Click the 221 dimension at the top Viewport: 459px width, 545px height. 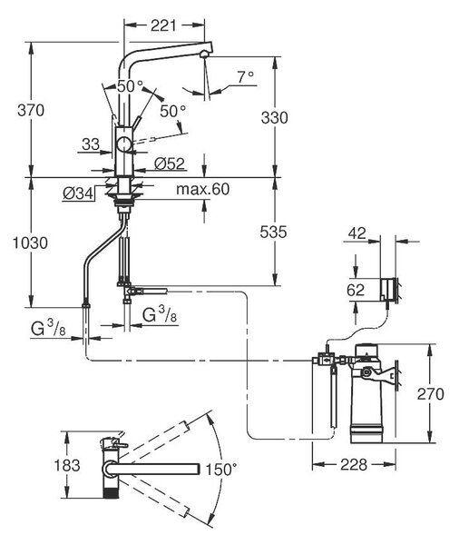point(163,25)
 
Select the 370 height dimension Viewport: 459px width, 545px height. point(31,111)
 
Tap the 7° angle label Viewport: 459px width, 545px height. point(246,77)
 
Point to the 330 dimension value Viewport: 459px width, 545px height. point(274,118)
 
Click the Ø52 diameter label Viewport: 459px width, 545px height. point(170,163)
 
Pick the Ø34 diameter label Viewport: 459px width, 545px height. point(79,193)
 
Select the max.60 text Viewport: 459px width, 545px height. point(203,189)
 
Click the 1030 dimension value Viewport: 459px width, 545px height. point(30,243)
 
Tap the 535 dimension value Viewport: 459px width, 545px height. point(273,233)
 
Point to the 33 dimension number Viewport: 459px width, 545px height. point(91,144)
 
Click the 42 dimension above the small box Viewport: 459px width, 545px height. point(357,233)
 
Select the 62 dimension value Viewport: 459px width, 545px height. point(356,290)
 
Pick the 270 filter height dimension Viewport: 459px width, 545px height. point(431,394)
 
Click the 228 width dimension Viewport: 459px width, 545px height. point(354,464)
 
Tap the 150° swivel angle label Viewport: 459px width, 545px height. point(221,470)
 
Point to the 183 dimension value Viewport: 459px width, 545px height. point(67,465)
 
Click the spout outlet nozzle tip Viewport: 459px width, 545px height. point(204,54)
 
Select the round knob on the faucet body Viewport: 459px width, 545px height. point(124,144)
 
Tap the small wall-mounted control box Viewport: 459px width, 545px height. point(387,289)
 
